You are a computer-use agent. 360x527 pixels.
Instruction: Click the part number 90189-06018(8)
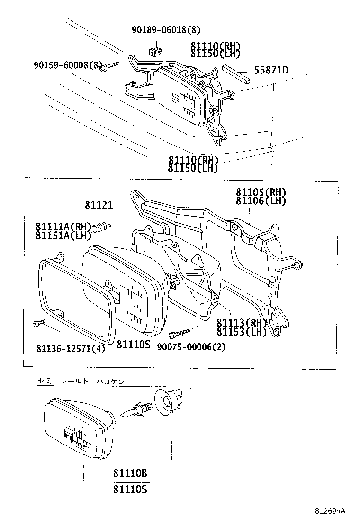click(x=166, y=30)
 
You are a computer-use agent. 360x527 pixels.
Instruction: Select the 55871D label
click(x=271, y=71)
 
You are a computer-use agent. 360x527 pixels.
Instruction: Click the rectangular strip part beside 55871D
click(x=235, y=74)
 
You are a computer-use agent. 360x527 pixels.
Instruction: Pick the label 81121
click(x=99, y=205)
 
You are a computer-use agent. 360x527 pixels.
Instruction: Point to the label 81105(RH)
click(x=261, y=192)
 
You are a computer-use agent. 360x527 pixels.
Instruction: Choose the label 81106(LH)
click(x=261, y=200)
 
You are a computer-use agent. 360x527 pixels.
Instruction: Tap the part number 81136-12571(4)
click(x=71, y=349)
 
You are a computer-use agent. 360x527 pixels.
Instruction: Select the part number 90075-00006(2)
click(x=192, y=346)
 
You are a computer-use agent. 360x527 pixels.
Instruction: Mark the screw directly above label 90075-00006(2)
click(x=181, y=334)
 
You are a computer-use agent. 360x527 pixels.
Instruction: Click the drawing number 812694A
click(x=331, y=511)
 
